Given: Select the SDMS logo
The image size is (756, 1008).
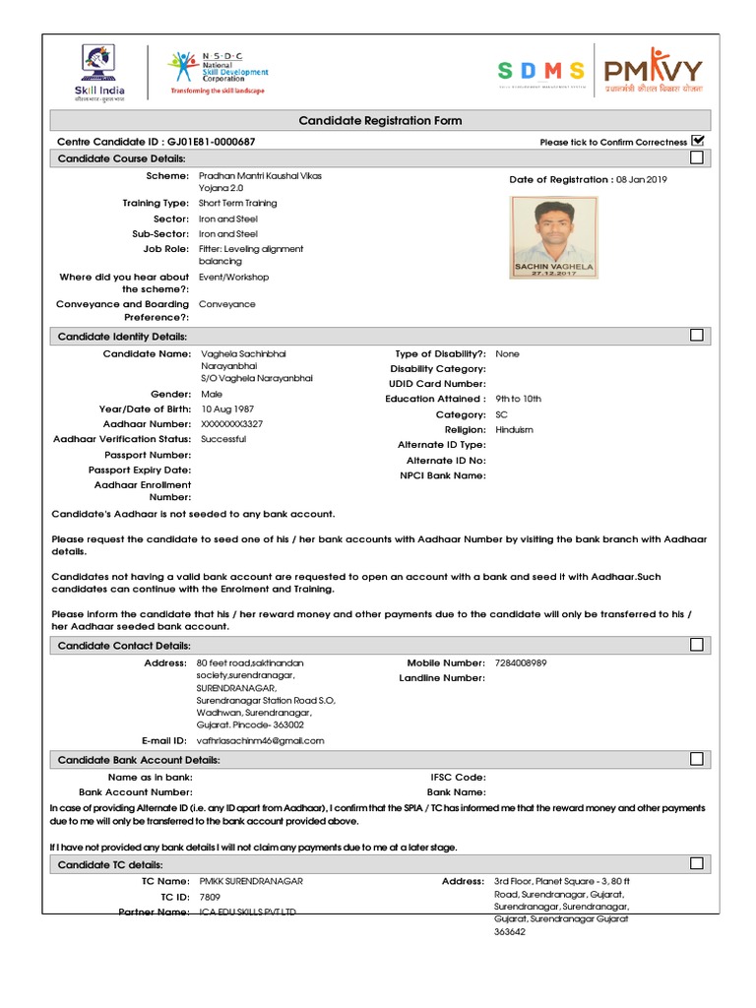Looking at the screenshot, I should [x=541, y=71].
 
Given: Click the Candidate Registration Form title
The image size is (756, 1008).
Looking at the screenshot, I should [x=380, y=120].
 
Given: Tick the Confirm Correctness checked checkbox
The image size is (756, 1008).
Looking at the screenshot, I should [x=698, y=141].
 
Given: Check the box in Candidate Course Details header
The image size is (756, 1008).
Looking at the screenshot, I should [x=697, y=157].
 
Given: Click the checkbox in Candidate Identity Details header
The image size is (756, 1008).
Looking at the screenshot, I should [x=697, y=336].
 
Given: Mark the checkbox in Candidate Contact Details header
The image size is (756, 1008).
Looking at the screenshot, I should [x=697, y=645].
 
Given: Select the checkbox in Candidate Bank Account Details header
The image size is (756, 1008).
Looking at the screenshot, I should [x=697, y=759].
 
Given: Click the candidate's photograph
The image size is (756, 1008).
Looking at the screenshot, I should [x=553, y=236].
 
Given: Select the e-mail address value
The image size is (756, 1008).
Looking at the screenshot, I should [x=260, y=740].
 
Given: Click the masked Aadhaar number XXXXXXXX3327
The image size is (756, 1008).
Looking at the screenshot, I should [x=231, y=423].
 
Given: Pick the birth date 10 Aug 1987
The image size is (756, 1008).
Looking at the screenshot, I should [x=226, y=409].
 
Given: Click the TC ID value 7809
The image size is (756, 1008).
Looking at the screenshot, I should [x=210, y=897].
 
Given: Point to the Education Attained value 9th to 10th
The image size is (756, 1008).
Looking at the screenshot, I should [x=519, y=399].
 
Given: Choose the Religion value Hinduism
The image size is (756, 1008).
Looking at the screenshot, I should [x=515, y=430].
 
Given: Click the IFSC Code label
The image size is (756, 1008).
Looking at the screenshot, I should [x=458, y=777].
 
